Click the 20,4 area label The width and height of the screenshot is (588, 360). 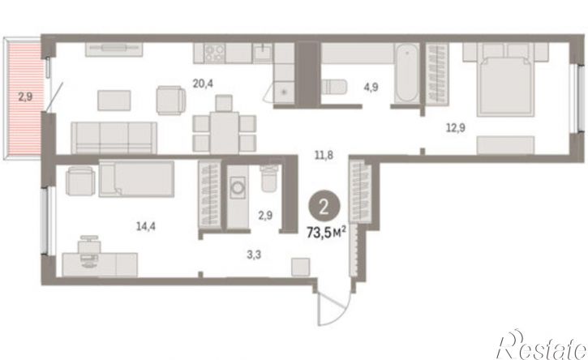[x=203, y=84]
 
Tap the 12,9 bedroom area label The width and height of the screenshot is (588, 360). [x=455, y=128]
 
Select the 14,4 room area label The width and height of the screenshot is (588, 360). [x=145, y=226]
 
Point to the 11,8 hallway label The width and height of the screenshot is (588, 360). [x=324, y=155]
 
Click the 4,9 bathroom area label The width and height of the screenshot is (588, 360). [x=371, y=88]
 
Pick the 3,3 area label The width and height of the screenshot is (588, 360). [x=254, y=255]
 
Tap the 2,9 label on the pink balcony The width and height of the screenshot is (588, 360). [x=25, y=96]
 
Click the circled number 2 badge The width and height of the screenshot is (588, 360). [x=324, y=207]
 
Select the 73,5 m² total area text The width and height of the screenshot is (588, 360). [x=326, y=233]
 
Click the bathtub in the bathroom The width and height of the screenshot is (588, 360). [x=407, y=73]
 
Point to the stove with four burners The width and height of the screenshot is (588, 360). [x=214, y=53]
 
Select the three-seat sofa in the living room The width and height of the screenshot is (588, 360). [x=114, y=138]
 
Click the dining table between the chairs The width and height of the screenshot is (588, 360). [x=224, y=133]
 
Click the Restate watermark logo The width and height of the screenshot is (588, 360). [x=541, y=345]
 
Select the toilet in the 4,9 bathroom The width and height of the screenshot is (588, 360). [x=334, y=87]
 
